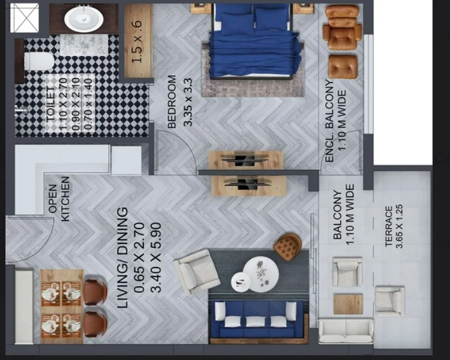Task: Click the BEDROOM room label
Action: point(171,102)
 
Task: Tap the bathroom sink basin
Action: point(84,19)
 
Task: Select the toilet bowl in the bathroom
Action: point(39,61)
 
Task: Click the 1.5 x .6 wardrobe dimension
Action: point(137,42)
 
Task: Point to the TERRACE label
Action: point(389,227)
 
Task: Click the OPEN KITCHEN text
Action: point(59,199)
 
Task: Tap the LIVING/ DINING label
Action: point(123,258)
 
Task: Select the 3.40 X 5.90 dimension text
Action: point(156,258)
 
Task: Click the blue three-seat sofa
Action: point(256,319)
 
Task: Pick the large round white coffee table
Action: point(261,274)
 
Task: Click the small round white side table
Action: point(241,282)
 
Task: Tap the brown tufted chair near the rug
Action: point(287,247)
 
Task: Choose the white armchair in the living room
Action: point(197,271)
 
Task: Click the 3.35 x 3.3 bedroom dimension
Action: point(188,102)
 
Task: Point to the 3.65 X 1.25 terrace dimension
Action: point(399,227)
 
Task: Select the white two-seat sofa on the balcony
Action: point(346,330)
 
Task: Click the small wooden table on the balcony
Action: point(348,304)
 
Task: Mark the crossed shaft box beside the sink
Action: point(25,18)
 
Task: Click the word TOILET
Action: point(50,104)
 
